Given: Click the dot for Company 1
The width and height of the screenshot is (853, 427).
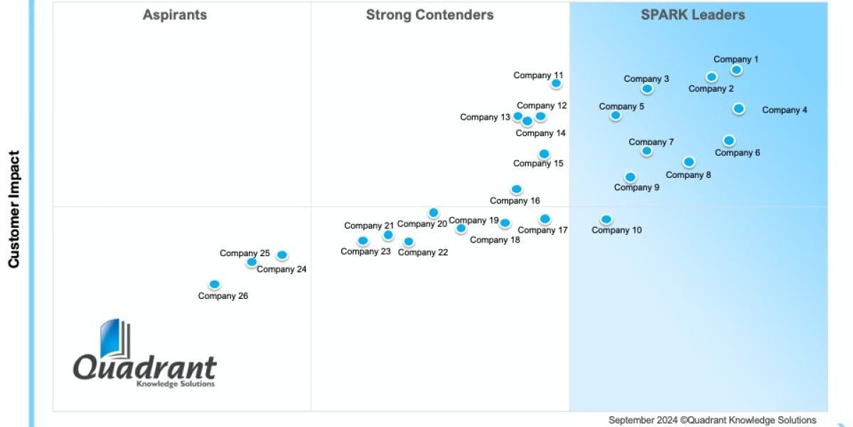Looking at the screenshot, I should click(736, 70).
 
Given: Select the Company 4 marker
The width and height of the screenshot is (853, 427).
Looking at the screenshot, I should click(739, 108).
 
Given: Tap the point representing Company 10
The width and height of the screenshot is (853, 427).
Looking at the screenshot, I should click(606, 220).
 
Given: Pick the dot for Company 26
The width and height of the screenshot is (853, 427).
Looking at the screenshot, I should click(215, 285).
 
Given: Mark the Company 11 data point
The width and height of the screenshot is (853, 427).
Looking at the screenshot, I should click(556, 83).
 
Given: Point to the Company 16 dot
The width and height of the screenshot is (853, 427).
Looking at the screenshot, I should click(516, 189).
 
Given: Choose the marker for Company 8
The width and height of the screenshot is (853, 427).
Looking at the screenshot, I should click(689, 162).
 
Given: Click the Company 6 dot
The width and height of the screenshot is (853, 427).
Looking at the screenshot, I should click(729, 141).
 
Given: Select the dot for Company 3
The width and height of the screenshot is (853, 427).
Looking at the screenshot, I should click(647, 89).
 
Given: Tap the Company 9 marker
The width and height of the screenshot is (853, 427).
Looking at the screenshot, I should click(630, 177).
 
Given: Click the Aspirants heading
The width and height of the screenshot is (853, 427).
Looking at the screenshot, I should click(175, 15).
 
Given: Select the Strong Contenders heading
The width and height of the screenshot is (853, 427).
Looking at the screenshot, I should click(429, 15).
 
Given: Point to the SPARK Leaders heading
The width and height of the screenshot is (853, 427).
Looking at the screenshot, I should click(692, 15).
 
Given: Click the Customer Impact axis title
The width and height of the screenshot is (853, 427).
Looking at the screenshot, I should click(14, 209).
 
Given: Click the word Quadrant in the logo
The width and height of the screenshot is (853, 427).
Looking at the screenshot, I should click(145, 368).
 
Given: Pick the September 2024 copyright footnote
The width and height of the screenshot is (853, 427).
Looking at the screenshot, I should click(712, 420).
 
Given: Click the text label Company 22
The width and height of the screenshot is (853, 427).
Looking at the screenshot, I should click(423, 253).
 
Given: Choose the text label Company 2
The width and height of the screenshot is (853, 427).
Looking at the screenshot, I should click(711, 89).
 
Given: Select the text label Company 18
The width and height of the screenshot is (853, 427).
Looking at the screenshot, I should click(495, 240).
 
